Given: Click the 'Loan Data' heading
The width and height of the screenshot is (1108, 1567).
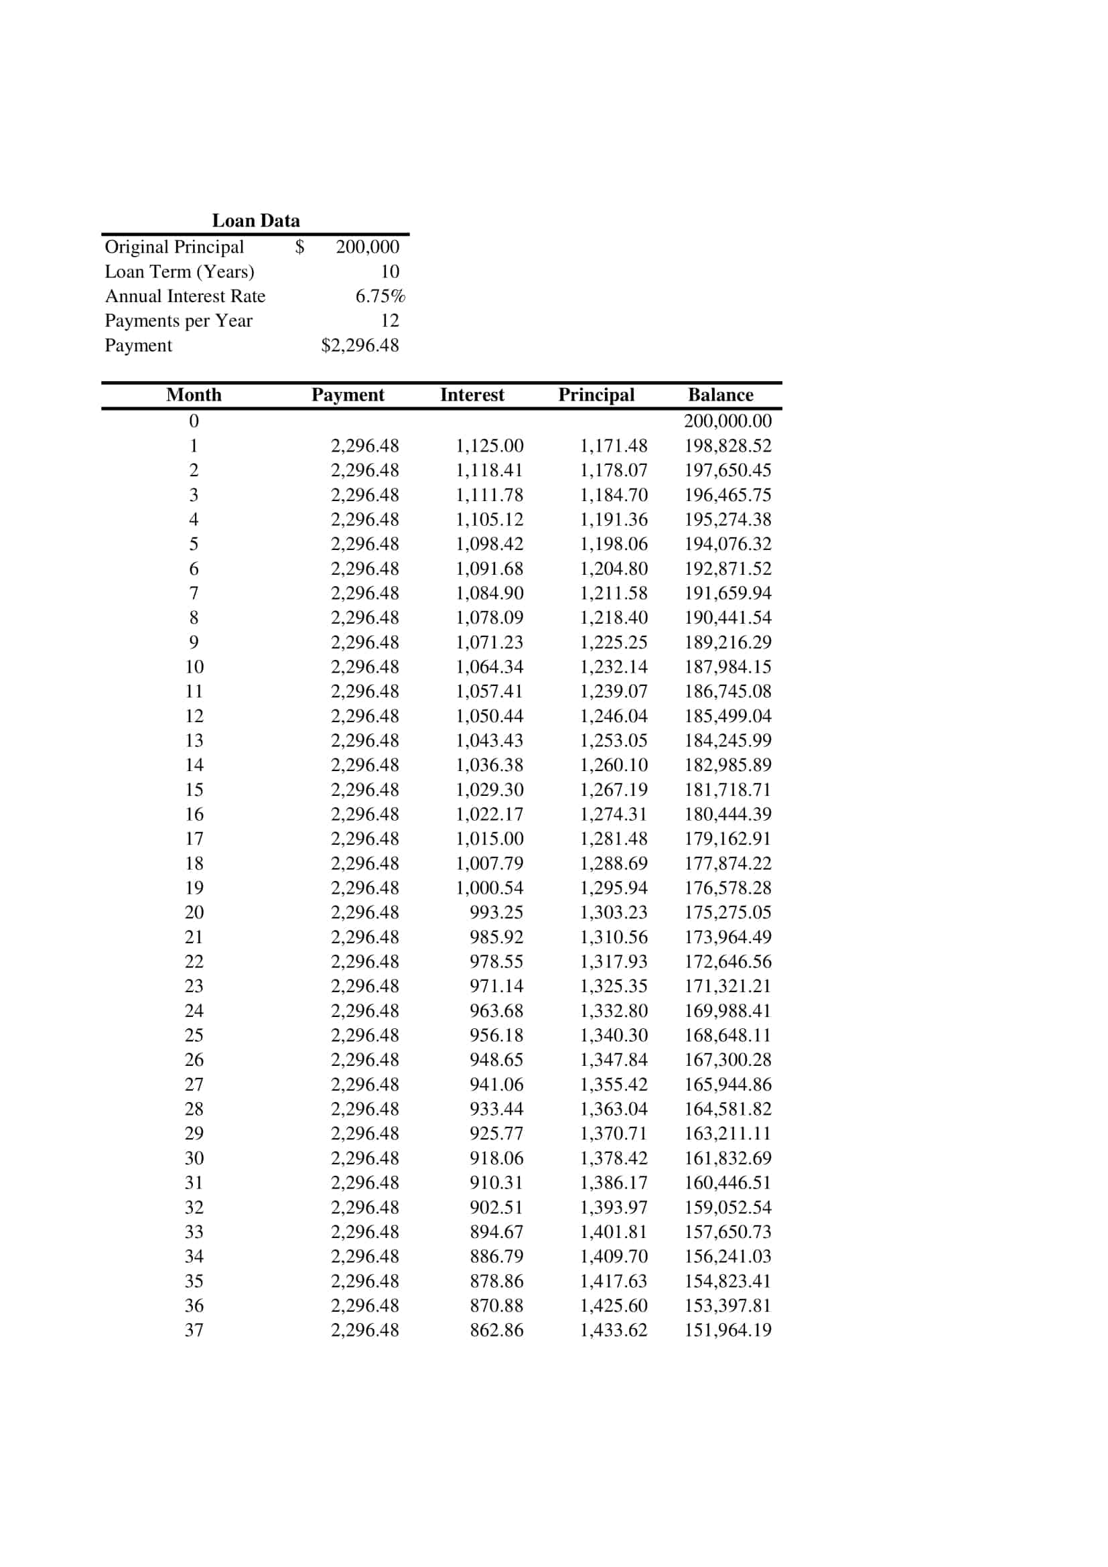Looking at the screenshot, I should pyautogui.click(x=256, y=220).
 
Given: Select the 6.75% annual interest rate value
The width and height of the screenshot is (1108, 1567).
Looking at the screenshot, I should pyautogui.click(x=380, y=296).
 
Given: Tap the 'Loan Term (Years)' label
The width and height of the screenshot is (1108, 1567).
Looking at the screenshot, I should pyautogui.click(x=180, y=271).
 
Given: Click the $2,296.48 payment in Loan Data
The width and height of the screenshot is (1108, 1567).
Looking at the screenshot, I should pyautogui.click(x=360, y=345).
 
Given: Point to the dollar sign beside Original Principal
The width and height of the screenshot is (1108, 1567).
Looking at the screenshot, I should pyautogui.click(x=299, y=247).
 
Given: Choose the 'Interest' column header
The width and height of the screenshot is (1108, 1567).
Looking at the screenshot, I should pyautogui.click(x=472, y=395).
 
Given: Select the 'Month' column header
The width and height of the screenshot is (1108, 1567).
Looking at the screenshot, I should pyautogui.click(x=194, y=395).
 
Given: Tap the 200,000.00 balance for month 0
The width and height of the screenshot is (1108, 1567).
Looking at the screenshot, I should pyautogui.click(x=728, y=421).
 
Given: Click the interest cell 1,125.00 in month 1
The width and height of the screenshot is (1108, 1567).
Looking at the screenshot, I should pyautogui.click(x=489, y=446).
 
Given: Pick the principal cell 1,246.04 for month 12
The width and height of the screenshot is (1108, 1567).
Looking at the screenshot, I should pyautogui.click(x=614, y=716).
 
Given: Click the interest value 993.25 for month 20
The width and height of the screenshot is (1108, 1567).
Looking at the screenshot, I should pyautogui.click(x=496, y=912).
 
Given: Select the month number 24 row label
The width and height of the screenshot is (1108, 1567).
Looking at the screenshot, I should pyautogui.click(x=194, y=1011).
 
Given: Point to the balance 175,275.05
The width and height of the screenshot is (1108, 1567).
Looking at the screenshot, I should pyautogui.click(x=728, y=912).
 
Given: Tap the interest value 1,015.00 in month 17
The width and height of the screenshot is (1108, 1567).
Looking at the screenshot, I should pyautogui.click(x=489, y=839).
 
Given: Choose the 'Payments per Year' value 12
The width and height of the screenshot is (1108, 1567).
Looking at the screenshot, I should pyautogui.click(x=390, y=321).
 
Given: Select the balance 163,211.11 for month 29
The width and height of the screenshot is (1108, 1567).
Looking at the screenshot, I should pyautogui.click(x=728, y=1134).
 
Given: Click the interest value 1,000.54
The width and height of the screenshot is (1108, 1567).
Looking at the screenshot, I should pyautogui.click(x=489, y=888).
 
